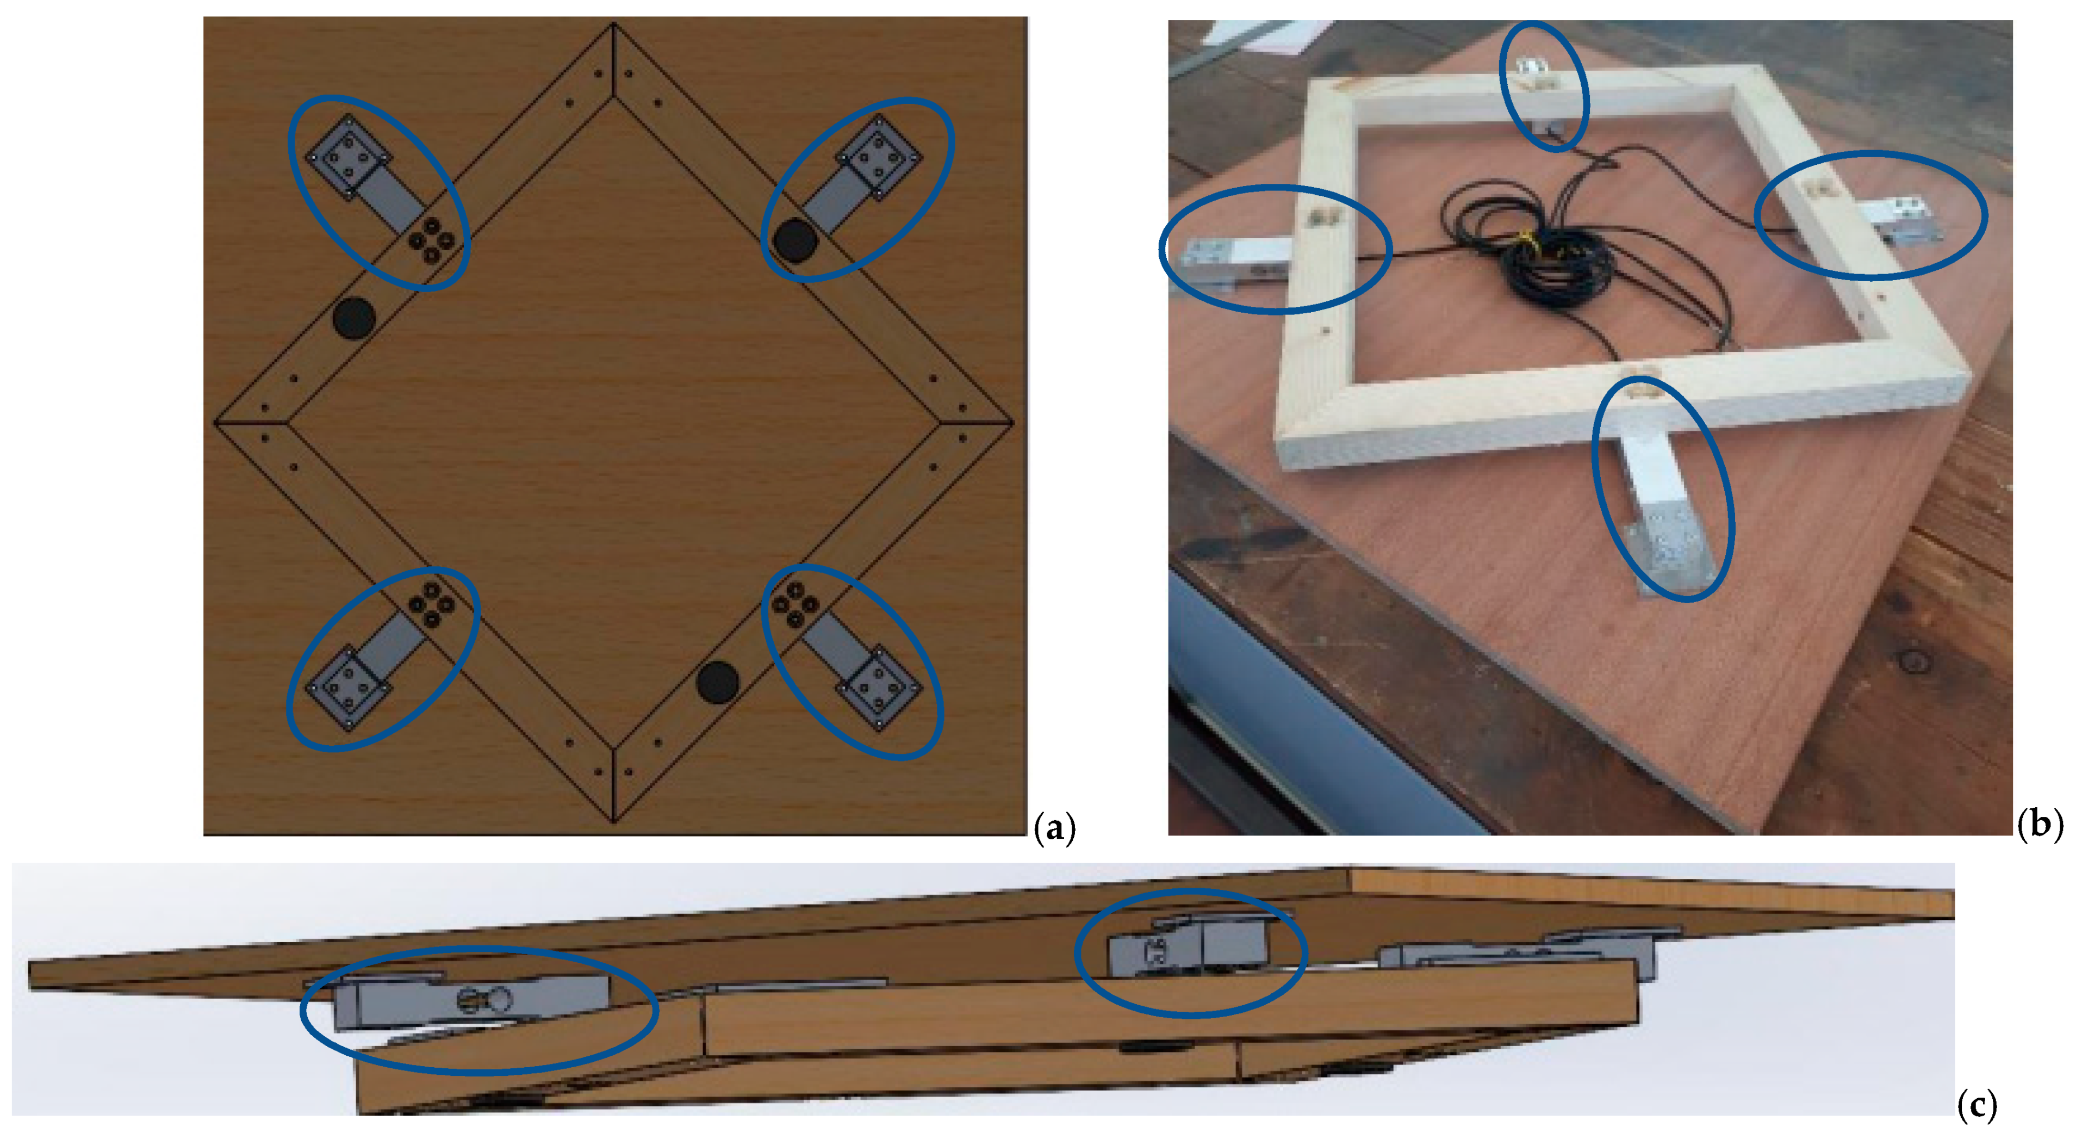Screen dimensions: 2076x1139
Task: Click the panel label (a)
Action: click(1055, 828)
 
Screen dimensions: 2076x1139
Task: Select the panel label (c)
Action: click(1976, 1105)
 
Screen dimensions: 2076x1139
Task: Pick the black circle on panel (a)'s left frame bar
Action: click(354, 318)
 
